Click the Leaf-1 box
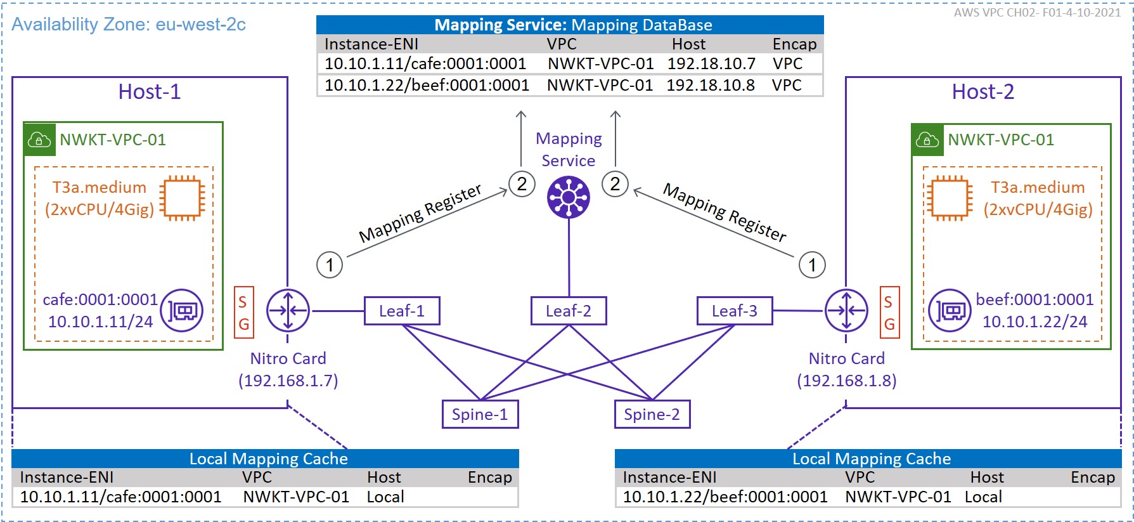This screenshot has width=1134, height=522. (402, 311)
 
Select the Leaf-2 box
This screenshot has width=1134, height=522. (569, 311)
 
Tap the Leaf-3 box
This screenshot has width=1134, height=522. (734, 311)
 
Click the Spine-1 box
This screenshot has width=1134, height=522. (480, 414)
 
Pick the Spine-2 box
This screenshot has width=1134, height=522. (652, 414)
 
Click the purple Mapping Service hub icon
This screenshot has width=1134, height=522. (569, 197)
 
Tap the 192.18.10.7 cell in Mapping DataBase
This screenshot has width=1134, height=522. (711, 63)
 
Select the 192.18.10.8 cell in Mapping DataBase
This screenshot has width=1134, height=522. (711, 85)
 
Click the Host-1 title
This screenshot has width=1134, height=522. (150, 92)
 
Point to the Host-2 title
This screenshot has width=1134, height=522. (983, 92)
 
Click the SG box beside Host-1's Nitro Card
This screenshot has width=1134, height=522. (243, 313)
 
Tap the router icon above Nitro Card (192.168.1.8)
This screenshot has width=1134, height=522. (846, 311)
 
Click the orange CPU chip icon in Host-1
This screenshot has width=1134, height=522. (183, 198)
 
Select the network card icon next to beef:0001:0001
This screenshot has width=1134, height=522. (950, 311)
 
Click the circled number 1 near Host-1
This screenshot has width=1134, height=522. (330, 264)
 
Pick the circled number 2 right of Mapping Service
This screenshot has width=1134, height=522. (615, 184)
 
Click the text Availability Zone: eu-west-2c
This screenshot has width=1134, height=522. (129, 25)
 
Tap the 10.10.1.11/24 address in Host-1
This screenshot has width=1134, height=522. (100, 322)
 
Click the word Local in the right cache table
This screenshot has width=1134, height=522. (983, 497)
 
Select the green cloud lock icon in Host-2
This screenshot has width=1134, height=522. (927, 140)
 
